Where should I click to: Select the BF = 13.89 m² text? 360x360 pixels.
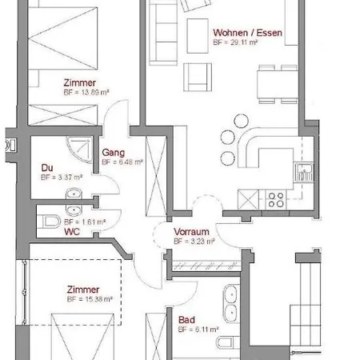[x=86, y=92]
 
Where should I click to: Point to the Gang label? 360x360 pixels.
[x=111, y=152]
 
